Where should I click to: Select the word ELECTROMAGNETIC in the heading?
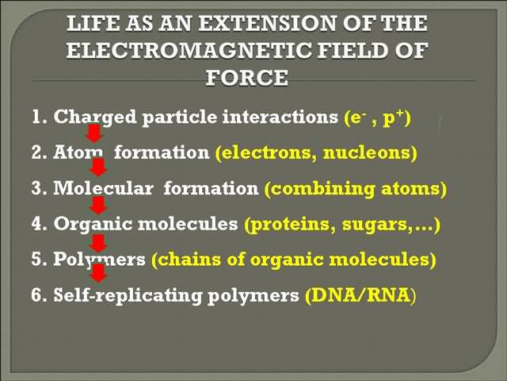click(189, 51)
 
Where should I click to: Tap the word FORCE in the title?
click(246, 78)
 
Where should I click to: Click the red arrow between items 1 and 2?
click(93, 134)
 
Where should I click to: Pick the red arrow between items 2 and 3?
click(98, 167)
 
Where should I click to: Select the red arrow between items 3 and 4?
click(98, 206)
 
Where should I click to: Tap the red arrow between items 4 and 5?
click(98, 244)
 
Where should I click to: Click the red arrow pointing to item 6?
click(98, 273)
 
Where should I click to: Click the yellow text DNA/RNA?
click(358, 294)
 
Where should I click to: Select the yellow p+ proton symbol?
click(394, 117)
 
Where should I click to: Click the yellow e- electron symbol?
click(356, 117)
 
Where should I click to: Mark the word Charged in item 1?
click(95, 117)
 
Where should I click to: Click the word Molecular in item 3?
click(103, 188)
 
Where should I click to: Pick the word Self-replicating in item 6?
click(128, 295)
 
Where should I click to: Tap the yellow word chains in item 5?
click(189, 260)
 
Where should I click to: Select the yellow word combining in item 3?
click(322, 189)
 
